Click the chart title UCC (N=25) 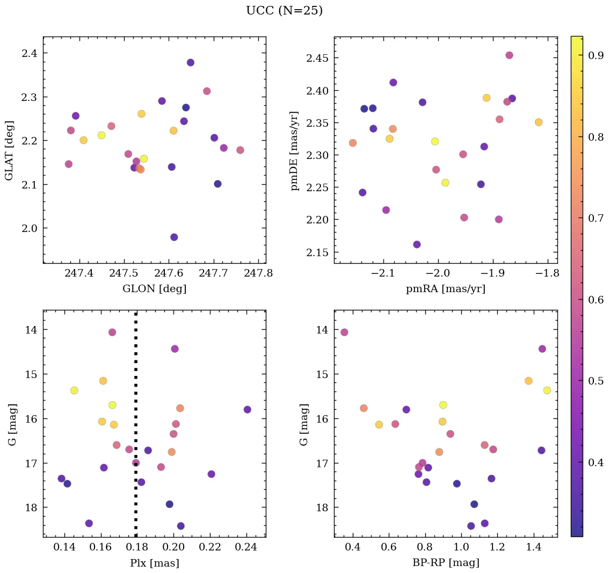pos(284,11)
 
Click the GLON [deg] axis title pos(155,289)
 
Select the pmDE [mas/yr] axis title pos(295,150)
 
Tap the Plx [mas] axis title pos(155,563)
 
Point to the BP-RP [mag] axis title pos(445,563)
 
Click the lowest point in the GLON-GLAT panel pos(174,237)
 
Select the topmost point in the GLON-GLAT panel pos(190,62)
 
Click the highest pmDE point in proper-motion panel pos(509,55)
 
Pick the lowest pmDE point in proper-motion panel pos(417,244)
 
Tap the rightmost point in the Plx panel pos(247,409)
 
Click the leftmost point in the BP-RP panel pos(344,332)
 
